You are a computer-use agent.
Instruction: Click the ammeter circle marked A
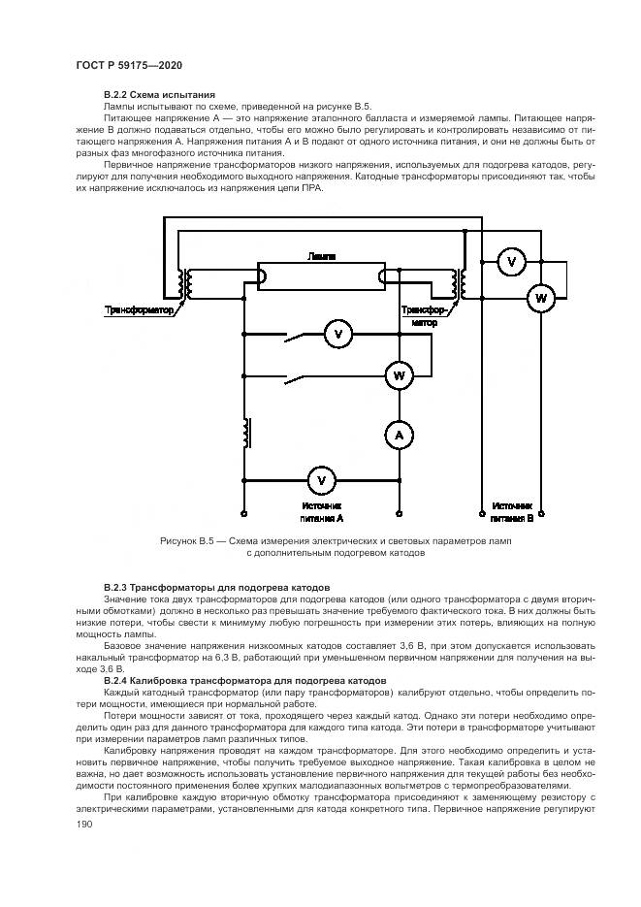point(398,437)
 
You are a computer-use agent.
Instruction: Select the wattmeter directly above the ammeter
point(398,373)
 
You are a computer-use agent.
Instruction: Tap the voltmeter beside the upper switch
point(338,335)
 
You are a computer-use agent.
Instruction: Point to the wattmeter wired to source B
point(540,299)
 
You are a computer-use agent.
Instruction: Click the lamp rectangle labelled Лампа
point(321,276)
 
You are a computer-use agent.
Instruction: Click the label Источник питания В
point(511,512)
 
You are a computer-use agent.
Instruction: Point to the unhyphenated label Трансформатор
point(139,310)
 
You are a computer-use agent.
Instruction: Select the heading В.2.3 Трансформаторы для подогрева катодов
point(216,588)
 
